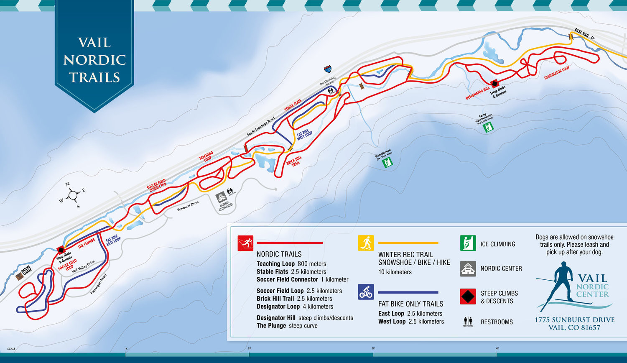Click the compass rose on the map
(x=72, y=195)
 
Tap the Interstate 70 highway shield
(x=328, y=69)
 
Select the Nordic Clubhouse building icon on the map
(x=221, y=197)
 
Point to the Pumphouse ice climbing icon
(x=388, y=162)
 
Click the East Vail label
(x=582, y=33)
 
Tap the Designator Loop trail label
(x=557, y=73)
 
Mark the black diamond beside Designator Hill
(x=494, y=84)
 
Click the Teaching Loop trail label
(x=206, y=156)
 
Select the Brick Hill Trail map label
(x=294, y=161)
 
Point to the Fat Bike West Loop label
(x=304, y=135)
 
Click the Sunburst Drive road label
(x=188, y=206)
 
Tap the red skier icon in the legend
(x=245, y=243)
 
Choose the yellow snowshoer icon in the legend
(x=366, y=243)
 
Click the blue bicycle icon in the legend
(x=366, y=292)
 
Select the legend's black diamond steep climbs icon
(x=468, y=297)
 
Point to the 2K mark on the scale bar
(x=249, y=348)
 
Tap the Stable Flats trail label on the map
(x=293, y=105)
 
